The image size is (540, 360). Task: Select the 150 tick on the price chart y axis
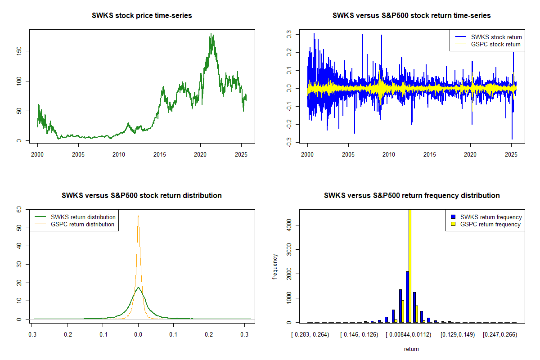20,51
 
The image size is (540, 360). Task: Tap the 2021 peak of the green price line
211,34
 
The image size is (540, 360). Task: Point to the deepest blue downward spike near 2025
512,139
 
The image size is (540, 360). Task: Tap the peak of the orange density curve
138,216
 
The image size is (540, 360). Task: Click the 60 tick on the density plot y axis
20,209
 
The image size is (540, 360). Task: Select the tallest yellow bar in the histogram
409,265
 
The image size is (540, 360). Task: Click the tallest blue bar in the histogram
407,297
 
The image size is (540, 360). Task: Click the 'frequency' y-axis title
275,267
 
